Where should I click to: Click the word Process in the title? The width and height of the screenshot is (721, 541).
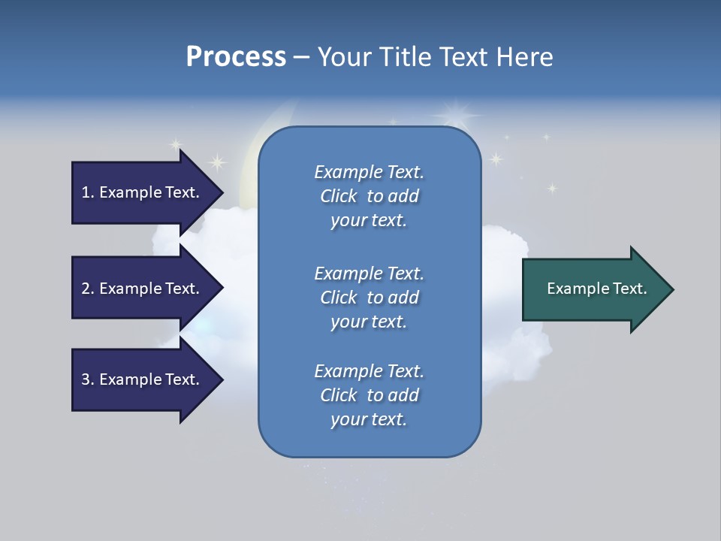[x=236, y=57]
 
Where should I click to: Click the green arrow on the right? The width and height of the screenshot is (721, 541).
[x=593, y=289]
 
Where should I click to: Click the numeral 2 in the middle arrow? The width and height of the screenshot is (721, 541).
[x=85, y=289]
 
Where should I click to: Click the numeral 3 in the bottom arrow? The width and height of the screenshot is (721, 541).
[x=85, y=379]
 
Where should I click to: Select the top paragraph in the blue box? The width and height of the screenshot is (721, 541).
[x=369, y=195]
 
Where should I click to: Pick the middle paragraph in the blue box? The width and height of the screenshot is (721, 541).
[x=369, y=297]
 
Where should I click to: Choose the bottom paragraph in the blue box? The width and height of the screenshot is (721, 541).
[x=369, y=395]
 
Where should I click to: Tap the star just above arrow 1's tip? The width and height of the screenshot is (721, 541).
[x=216, y=162]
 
